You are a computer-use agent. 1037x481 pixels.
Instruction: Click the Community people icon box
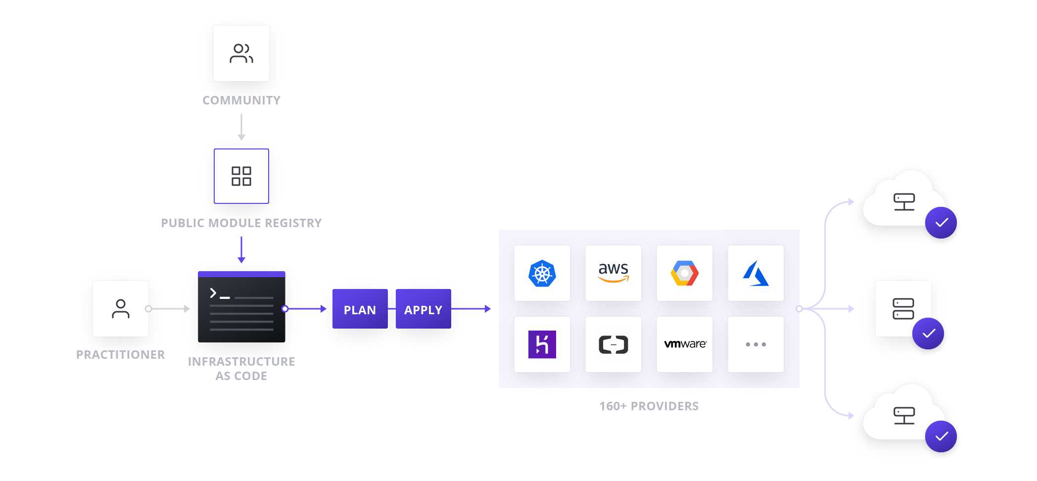(241, 53)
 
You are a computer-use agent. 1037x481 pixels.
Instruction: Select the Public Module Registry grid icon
(241, 176)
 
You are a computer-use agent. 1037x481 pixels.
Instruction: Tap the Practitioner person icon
(121, 309)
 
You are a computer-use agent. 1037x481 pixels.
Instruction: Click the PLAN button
(360, 309)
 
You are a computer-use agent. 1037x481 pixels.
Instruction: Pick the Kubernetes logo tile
(542, 273)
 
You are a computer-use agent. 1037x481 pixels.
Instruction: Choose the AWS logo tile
(613, 273)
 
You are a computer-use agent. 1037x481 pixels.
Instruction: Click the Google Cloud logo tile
(684, 273)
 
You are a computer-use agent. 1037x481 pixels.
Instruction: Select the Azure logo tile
(755, 273)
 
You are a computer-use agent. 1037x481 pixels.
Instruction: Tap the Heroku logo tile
(542, 344)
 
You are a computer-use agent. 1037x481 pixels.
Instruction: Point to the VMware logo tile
(684, 344)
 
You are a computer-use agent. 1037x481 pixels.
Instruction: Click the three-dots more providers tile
(755, 344)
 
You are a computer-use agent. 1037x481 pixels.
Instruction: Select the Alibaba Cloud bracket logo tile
(613, 344)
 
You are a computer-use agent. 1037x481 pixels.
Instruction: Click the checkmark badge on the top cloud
(941, 223)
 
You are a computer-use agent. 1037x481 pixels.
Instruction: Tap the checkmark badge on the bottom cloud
(941, 436)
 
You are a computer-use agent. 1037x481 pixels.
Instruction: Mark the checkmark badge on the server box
(928, 334)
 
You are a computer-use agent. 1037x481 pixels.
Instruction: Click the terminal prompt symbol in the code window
(213, 293)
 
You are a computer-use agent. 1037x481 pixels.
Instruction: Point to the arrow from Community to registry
(241, 128)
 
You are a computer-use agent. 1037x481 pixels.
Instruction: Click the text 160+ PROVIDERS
(649, 406)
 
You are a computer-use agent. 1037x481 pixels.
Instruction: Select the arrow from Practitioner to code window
(169, 309)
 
